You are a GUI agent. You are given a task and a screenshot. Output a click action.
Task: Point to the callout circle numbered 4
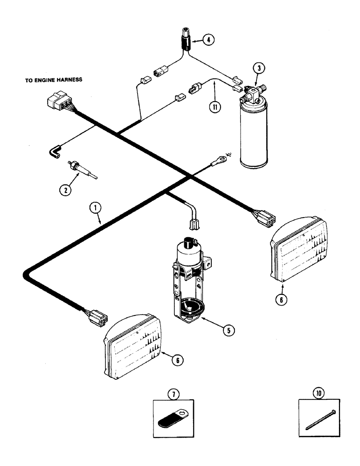click(x=208, y=40)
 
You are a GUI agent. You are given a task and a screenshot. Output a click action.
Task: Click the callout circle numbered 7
click(x=173, y=394)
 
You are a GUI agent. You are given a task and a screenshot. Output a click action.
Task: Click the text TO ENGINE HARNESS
click(x=54, y=80)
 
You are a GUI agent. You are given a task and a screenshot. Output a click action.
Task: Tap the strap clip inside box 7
click(x=173, y=420)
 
